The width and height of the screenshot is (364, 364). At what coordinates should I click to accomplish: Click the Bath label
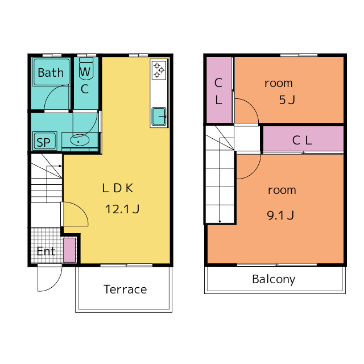tap(51, 73)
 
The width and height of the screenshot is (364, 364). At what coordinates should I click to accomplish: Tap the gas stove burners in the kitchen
tap(159, 70)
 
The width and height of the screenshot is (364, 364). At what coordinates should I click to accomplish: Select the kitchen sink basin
tap(159, 116)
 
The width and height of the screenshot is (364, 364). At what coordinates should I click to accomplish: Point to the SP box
tap(44, 141)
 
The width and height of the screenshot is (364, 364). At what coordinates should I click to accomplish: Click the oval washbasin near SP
tap(80, 140)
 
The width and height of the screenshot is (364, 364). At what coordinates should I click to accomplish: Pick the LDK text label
tap(118, 188)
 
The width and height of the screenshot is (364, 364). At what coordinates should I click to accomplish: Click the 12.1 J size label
tap(122, 209)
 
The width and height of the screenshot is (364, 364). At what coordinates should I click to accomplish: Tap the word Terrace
tap(125, 289)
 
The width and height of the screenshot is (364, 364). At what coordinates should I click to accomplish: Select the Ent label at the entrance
tap(46, 251)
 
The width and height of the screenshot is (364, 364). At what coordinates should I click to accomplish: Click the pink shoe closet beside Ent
tap(69, 250)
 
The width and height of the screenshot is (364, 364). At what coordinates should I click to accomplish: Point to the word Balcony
tap(274, 279)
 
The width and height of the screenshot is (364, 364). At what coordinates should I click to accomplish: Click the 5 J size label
tap(287, 100)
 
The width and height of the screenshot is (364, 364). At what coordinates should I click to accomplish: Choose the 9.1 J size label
tap(280, 215)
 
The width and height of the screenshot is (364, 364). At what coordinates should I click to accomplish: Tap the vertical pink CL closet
tap(219, 90)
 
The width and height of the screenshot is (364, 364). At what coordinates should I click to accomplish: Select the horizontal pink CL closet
tap(303, 139)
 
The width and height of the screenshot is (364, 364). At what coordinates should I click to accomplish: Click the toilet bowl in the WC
tap(86, 71)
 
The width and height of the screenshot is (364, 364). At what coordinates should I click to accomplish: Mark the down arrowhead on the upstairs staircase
tap(220, 221)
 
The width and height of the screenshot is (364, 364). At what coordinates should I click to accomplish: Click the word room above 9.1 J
tap(282, 191)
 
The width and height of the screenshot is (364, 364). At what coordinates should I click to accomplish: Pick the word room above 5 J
tap(279, 84)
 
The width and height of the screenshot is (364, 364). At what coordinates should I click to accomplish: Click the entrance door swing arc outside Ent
tap(56, 284)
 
